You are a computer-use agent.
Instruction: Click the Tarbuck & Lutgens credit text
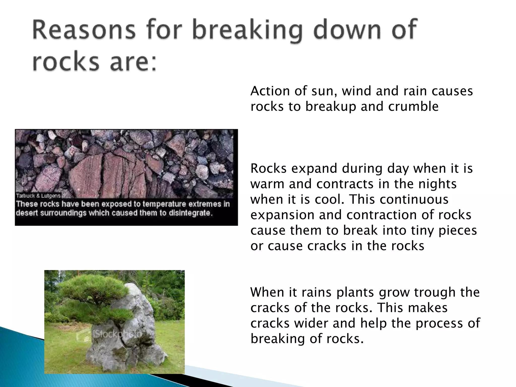pos(38,196)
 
